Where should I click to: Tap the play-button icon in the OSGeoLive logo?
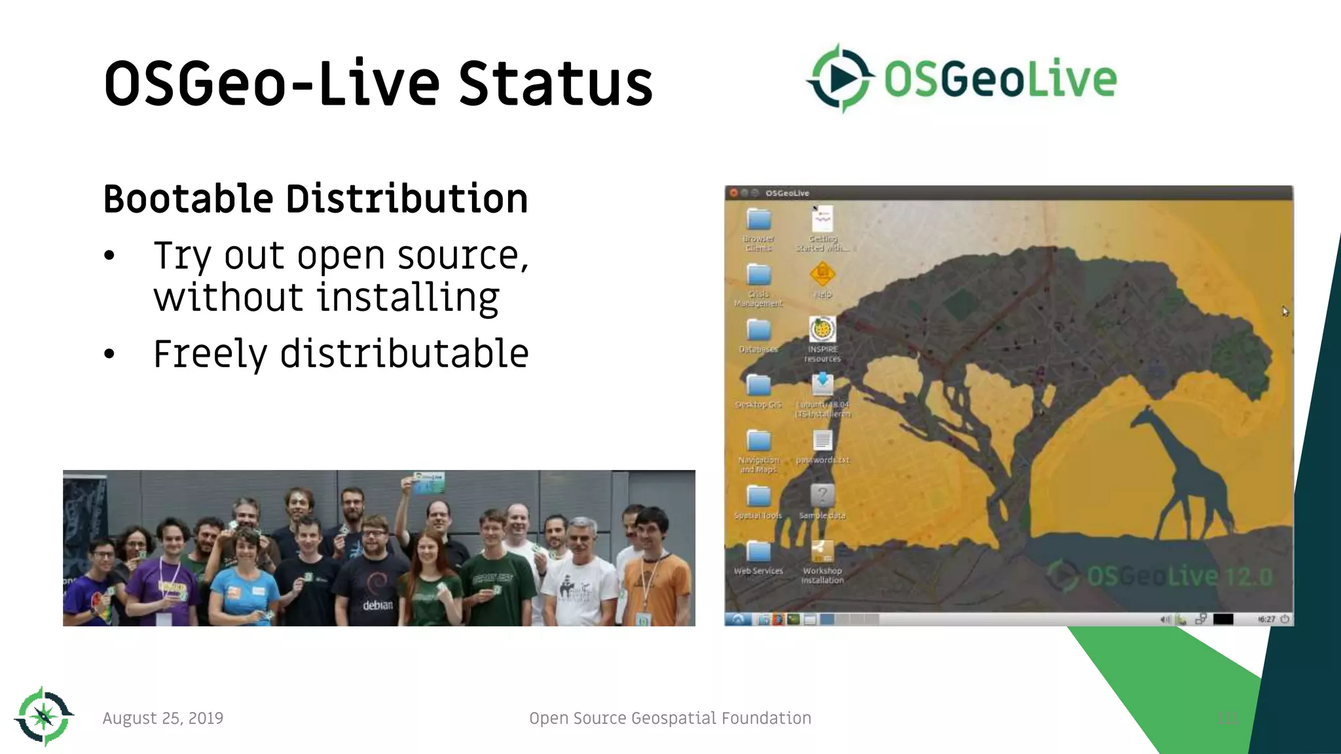click(x=841, y=79)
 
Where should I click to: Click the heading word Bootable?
click(x=189, y=199)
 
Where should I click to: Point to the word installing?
click(x=408, y=298)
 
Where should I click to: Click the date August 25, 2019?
click(x=163, y=718)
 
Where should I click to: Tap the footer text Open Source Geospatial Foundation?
click(x=670, y=718)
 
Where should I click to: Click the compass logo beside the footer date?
click(x=44, y=717)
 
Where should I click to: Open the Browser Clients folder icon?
click(x=758, y=220)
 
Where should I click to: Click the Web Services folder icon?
click(x=758, y=552)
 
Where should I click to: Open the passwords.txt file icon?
click(x=822, y=440)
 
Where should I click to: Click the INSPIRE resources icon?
click(x=822, y=330)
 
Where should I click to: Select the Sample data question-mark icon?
click(x=822, y=495)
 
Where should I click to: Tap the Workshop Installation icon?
click(x=822, y=552)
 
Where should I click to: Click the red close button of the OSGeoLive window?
click(x=734, y=193)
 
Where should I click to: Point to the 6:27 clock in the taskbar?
click(x=1267, y=619)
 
